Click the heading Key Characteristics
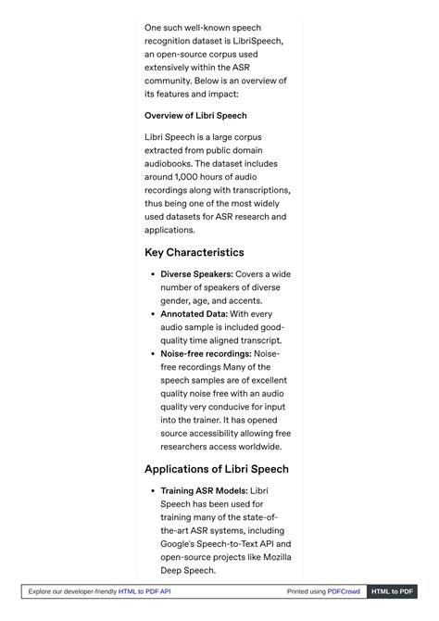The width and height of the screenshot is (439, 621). click(194, 252)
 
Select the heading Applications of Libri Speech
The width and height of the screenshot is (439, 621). click(217, 469)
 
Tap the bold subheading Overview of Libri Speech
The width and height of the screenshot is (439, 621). click(195, 116)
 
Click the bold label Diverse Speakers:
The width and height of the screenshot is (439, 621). click(196, 274)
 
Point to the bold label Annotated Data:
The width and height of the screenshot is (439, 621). click(194, 314)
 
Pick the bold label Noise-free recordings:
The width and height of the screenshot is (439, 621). click(206, 354)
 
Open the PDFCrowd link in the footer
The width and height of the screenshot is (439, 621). click(344, 591)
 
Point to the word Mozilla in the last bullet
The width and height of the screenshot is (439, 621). click(270, 557)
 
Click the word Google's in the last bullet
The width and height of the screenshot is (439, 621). click(182, 544)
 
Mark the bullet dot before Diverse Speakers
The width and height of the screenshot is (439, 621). click(151, 274)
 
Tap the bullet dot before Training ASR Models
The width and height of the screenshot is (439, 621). click(151, 490)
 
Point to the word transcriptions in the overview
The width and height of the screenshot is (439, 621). click(257, 190)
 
